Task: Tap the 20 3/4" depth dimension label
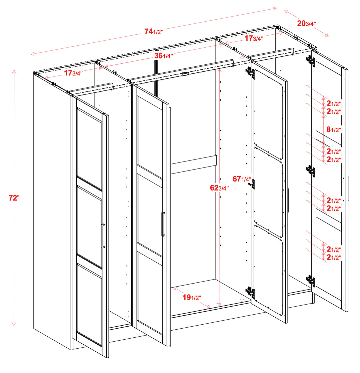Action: tap(307, 23)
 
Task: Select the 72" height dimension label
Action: tap(14, 198)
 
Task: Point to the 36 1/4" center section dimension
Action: tap(164, 56)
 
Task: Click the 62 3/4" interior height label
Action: tap(219, 188)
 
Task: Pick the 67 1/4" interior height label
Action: tap(242, 178)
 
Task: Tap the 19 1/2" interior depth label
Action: tap(192, 297)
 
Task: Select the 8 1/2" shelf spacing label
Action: tap(334, 129)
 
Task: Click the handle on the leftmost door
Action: tap(103, 236)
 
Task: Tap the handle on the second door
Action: tap(163, 224)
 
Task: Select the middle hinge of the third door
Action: tap(252, 184)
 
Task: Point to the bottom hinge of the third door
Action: tap(250, 292)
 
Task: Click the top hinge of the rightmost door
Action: tap(310, 60)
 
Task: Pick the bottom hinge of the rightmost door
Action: tap(310, 280)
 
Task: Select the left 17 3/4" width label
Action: tap(73, 73)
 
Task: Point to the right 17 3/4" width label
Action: tap(254, 38)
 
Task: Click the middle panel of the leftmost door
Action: tap(89, 227)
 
